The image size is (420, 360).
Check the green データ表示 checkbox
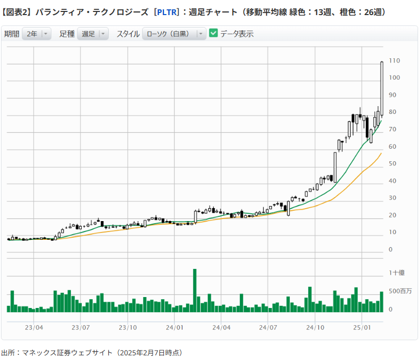pyautogui.click(x=213, y=33)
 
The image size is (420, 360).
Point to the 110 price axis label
pyautogui.click(x=394, y=61)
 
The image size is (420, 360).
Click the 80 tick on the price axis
pyautogui.click(x=392, y=112)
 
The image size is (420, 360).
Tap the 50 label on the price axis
pyautogui.click(x=392, y=164)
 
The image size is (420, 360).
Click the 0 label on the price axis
pyautogui.click(x=390, y=250)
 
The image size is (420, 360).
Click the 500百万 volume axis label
pyautogui.click(x=400, y=290)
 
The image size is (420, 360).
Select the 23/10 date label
pyautogui.click(x=128, y=328)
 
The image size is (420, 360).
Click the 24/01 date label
pyautogui.click(x=174, y=328)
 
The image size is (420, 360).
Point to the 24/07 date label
pyautogui.click(x=268, y=328)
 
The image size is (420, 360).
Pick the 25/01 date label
pyautogui.click(x=361, y=328)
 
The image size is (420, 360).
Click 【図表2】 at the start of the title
pyautogui.click(x=17, y=11)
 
